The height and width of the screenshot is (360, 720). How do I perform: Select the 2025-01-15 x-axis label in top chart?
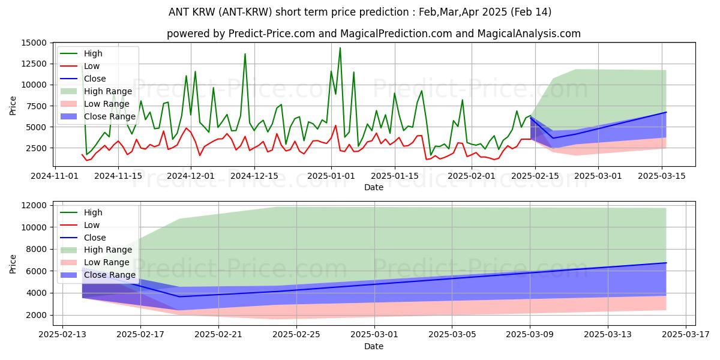click(x=394, y=176)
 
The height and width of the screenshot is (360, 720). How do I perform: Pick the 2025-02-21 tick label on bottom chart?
click(x=218, y=335)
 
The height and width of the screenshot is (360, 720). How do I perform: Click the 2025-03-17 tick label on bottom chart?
click(x=686, y=335)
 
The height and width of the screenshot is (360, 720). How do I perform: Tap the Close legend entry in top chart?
click(x=95, y=79)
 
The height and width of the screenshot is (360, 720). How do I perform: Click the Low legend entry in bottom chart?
click(x=92, y=225)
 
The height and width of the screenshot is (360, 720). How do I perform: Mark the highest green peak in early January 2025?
click(x=340, y=48)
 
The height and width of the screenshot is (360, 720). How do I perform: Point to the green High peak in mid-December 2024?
click(x=245, y=54)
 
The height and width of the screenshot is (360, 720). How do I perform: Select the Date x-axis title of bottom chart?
click(x=373, y=346)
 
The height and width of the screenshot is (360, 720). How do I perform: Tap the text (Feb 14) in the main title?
click(x=530, y=12)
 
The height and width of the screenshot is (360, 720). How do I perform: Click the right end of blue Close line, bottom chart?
click(x=666, y=263)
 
